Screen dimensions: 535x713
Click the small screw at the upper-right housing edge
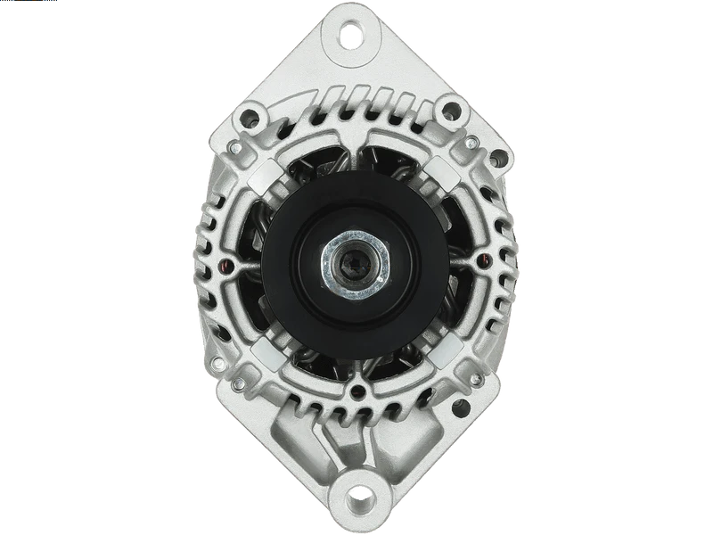(x=479, y=143)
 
